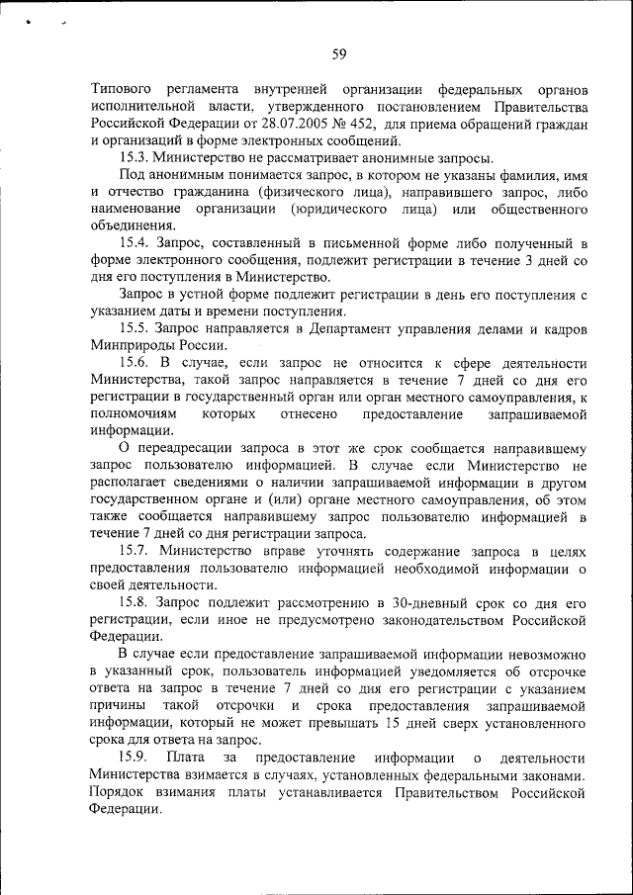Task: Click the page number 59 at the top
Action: click(338, 54)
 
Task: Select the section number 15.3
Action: click(136, 157)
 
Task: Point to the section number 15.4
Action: click(136, 243)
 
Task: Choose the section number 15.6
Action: click(136, 364)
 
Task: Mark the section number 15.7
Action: click(136, 550)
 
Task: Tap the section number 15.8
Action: click(136, 602)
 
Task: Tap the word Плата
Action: click(186, 759)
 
